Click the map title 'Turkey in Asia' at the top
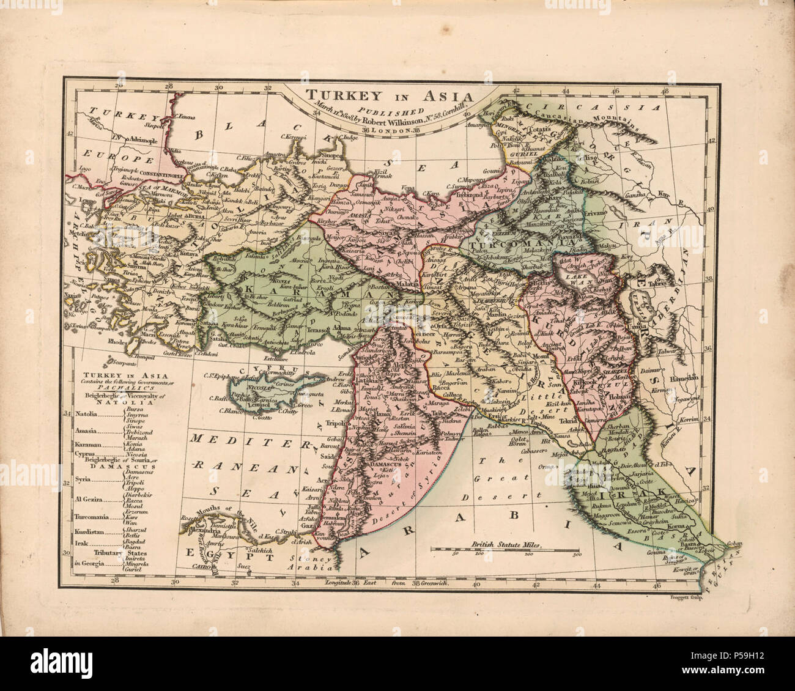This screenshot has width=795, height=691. (x=390, y=96)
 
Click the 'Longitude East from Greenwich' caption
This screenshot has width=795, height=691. (x=387, y=583)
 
